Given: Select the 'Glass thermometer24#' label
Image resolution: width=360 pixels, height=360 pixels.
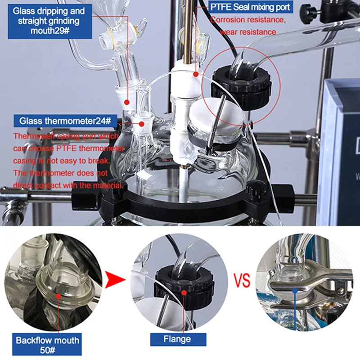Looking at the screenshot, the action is coord(68,121).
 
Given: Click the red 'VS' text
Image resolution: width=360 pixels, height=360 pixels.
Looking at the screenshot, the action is coord(242,283).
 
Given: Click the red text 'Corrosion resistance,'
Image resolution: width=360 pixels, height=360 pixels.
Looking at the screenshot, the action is coord(248,20).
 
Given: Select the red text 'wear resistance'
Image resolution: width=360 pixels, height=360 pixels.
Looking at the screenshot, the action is coord(249,32).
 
